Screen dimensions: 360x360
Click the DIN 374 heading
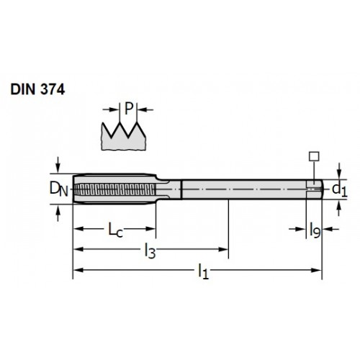[37, 90]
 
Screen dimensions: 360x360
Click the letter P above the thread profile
[129, 109]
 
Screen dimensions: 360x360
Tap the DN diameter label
[59, 189]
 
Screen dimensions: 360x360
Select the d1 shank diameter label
[340, 190]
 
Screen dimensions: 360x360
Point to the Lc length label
[115, 230]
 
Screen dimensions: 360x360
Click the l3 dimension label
[150, 251]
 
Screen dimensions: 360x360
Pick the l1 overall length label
[203, 271]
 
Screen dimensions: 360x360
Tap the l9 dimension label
[315, 230]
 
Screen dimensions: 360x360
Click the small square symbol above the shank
[314, 156]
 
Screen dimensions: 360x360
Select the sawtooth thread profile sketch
[124, 136]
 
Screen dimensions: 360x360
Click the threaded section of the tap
[114, 189]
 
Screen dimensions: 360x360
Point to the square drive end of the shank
[314, 189]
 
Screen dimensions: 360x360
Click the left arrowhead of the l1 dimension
[78, 270]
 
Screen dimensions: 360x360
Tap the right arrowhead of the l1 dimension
[316, 270]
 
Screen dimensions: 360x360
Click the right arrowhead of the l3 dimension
[223, 249]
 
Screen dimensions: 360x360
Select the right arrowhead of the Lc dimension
[150, 228]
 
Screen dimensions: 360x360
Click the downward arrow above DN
[58, 165]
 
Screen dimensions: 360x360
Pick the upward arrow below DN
[58, 213]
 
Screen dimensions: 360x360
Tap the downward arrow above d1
[339, 171]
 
